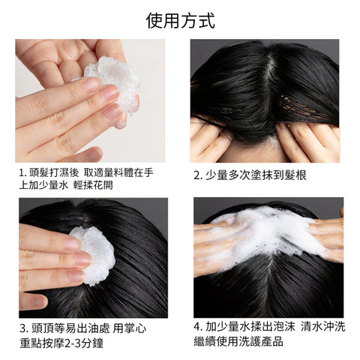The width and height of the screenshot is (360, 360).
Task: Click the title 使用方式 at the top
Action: click(180, 21)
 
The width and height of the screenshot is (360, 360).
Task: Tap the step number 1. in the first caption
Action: click(22, 172)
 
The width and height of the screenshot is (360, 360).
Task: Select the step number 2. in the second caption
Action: click(197, 175)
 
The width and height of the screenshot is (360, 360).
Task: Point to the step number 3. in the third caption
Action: click(24, 328)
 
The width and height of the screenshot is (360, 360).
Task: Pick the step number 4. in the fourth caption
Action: click(198, 327)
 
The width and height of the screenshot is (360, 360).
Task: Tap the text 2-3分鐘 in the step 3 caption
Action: click(84, 343)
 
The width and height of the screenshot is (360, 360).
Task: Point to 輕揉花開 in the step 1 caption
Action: click(93, 185)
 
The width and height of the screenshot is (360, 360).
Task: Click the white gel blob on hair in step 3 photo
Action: click(94, 255)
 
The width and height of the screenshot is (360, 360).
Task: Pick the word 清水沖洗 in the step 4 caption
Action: click(323, 327)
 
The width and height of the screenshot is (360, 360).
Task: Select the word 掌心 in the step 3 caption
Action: click(135, 328)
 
